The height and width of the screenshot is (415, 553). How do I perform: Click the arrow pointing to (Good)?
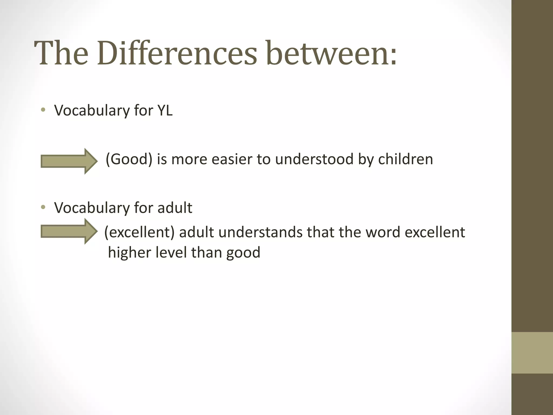69,161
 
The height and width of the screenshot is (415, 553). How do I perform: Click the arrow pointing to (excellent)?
69,232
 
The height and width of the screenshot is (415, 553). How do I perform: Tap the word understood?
314,159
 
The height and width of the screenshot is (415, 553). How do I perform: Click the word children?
406,159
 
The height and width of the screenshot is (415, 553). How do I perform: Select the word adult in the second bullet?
175,208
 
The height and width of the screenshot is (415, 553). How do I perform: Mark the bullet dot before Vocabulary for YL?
43,110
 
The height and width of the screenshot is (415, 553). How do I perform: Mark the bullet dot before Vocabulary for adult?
43,207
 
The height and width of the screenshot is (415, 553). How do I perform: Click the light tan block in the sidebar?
532,353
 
